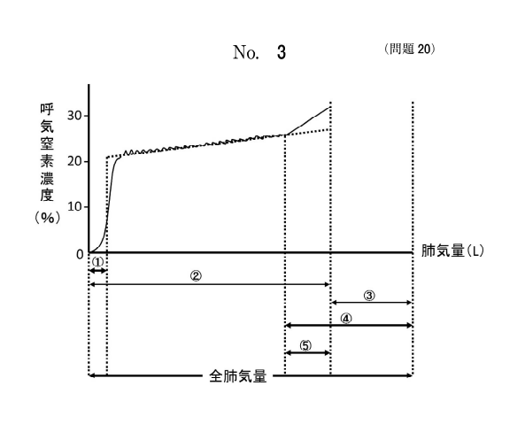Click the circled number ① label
click(x=97, y=261)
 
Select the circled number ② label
click(x=196, y=276)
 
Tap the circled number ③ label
click(x=369, y=296)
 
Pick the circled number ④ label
click(x=346, y=319)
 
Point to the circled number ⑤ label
click(x=305, y=345)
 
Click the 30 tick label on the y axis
click(x=74, y=116)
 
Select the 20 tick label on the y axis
click(x=74, y=161)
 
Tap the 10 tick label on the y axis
click(x=74, y=206)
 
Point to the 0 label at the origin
click(x=80, y=255)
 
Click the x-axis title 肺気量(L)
click(x=452, y=251)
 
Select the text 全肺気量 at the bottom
click(x=238, y=376)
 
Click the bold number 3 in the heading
click(x=282, y=52)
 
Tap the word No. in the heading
click(x=246, y=52)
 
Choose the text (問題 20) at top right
click(x=410, y=49)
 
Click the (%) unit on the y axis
click(x=47, y=218)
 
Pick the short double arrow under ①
click(x=97, y=271)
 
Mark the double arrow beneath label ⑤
click(x=307, y=352)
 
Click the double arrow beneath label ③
click(x=371, y=303)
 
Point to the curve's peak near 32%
click(x=330, y=107)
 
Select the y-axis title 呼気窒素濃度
click(x=47, y=152)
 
